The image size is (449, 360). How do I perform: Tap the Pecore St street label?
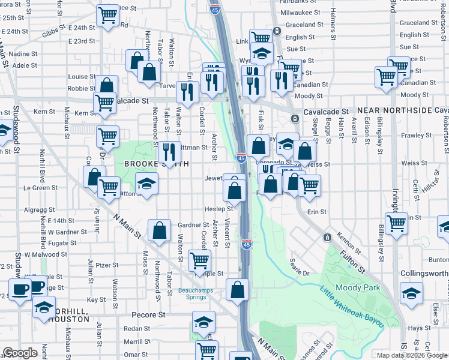tap(149, 314)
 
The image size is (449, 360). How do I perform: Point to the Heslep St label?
tap(218, 209)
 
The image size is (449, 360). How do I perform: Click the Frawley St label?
tap(413, 136)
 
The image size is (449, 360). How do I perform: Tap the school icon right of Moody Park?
tap(411, 293)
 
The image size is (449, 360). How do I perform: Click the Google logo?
tap(20, 353)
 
